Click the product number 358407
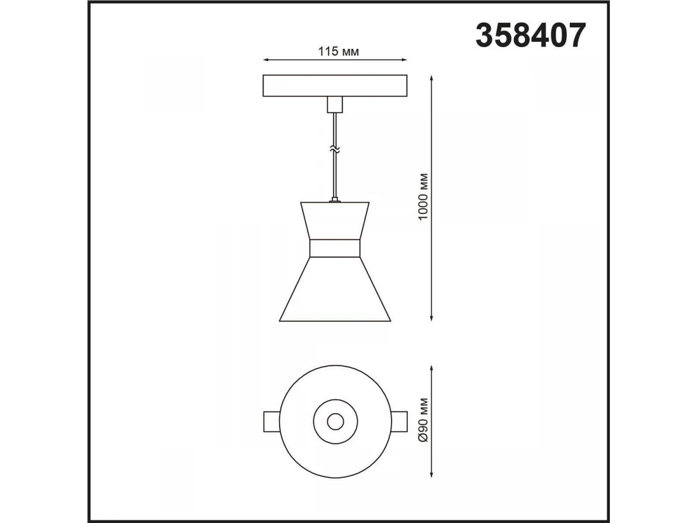pyautogui.click(x=530, y=35)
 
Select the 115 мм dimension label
pyautogui.click(x=339, y=52)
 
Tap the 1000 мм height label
pyautogui.click(x=423, y=196)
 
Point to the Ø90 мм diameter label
pyautogui.click(x=423, y=420)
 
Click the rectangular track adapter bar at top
pyautogui.click(x=335, y=86)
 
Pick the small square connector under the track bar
pyautogui.click(x=335, y=105)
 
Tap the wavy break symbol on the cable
pyautogui.click(x=335, y=149)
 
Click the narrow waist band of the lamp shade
pyautogui.click(x=335, y=248)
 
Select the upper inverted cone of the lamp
pyautogui.click(x=335, y=220)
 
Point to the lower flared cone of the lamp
pyautogui.click(x=335, y=289)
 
